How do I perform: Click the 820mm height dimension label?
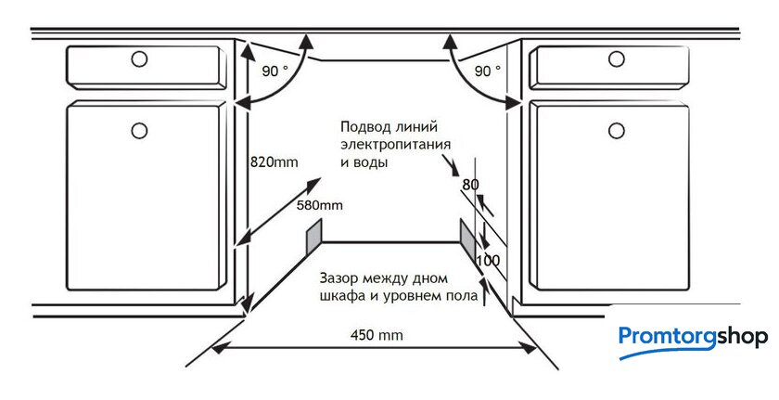click(275, 162)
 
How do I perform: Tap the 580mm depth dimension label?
click(319, 204)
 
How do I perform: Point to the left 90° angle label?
click(275, 71)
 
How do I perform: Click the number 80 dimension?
click(470, 185)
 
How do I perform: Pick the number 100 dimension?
click(488, 261)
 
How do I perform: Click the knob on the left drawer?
click(139, 59)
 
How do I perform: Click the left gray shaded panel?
click(314, 234)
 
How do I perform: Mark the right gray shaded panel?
click(466, 233)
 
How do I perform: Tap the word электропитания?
click(396, 145)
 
